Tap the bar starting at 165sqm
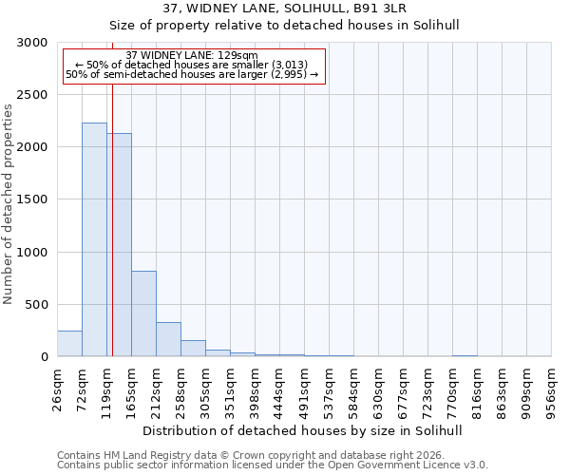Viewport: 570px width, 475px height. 143,313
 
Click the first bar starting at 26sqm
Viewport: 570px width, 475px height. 69,344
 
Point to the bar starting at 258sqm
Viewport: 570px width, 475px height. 193,349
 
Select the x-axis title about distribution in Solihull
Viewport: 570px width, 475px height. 303,431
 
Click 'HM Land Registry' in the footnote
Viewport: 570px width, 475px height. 139,456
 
